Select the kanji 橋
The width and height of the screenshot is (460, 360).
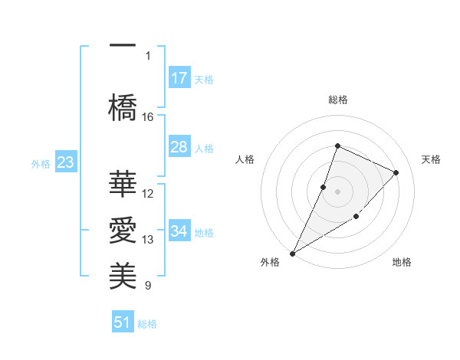coord(122,106)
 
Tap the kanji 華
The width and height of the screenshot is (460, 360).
coord(122,184)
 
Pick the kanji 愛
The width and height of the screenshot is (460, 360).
coord(122,231)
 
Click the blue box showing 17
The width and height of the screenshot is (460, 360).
coord(179,78)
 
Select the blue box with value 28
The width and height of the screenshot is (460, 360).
coord(179,147)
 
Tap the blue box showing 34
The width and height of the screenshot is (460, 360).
coord(179,231)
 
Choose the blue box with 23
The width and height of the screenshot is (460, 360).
coord(65,162)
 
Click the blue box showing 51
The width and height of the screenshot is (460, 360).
coord(123,322)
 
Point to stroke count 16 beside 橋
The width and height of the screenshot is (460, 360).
coord(148,116)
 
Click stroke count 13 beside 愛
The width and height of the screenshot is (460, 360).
coord(148,239)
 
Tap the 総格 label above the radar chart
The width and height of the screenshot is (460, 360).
coord(337,100)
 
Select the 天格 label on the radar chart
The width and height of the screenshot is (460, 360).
coord(431,159)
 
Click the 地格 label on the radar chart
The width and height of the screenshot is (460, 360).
coord(402,262)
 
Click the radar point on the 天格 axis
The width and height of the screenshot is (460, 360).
coord(396,172)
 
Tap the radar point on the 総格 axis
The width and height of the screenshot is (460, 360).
coord(337,146)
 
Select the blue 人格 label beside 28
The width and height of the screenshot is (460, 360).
coord(204,148)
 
